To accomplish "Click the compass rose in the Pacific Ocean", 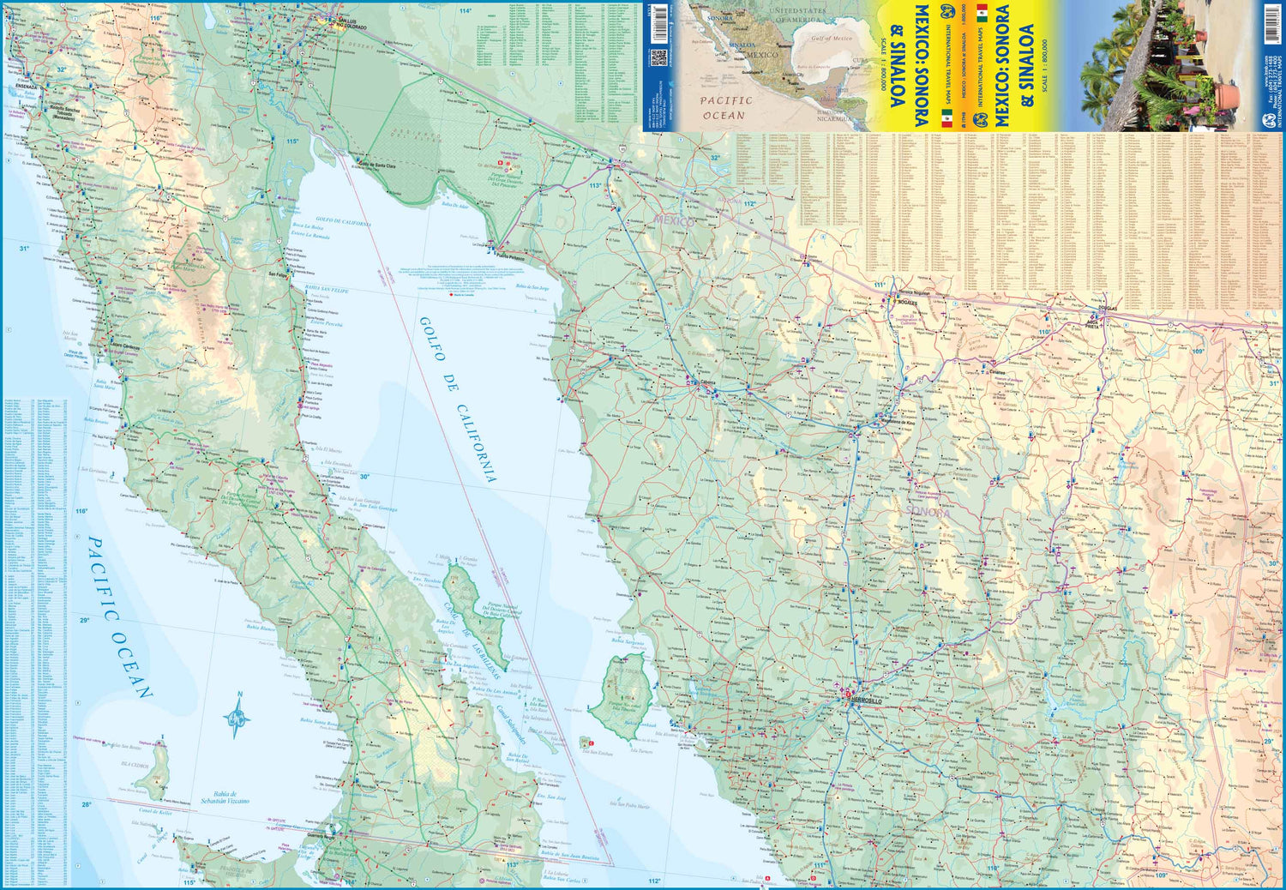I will tap(238, 715).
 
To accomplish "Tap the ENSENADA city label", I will tap(26, 87).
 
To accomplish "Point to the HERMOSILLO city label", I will tap(864, 701).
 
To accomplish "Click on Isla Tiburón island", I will tap(625, 695).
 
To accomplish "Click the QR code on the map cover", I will tap(658, 57).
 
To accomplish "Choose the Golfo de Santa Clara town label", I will tap(377, 165).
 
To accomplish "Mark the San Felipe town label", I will tap(278, 274).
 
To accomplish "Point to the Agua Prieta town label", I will tap(1091, 324).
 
